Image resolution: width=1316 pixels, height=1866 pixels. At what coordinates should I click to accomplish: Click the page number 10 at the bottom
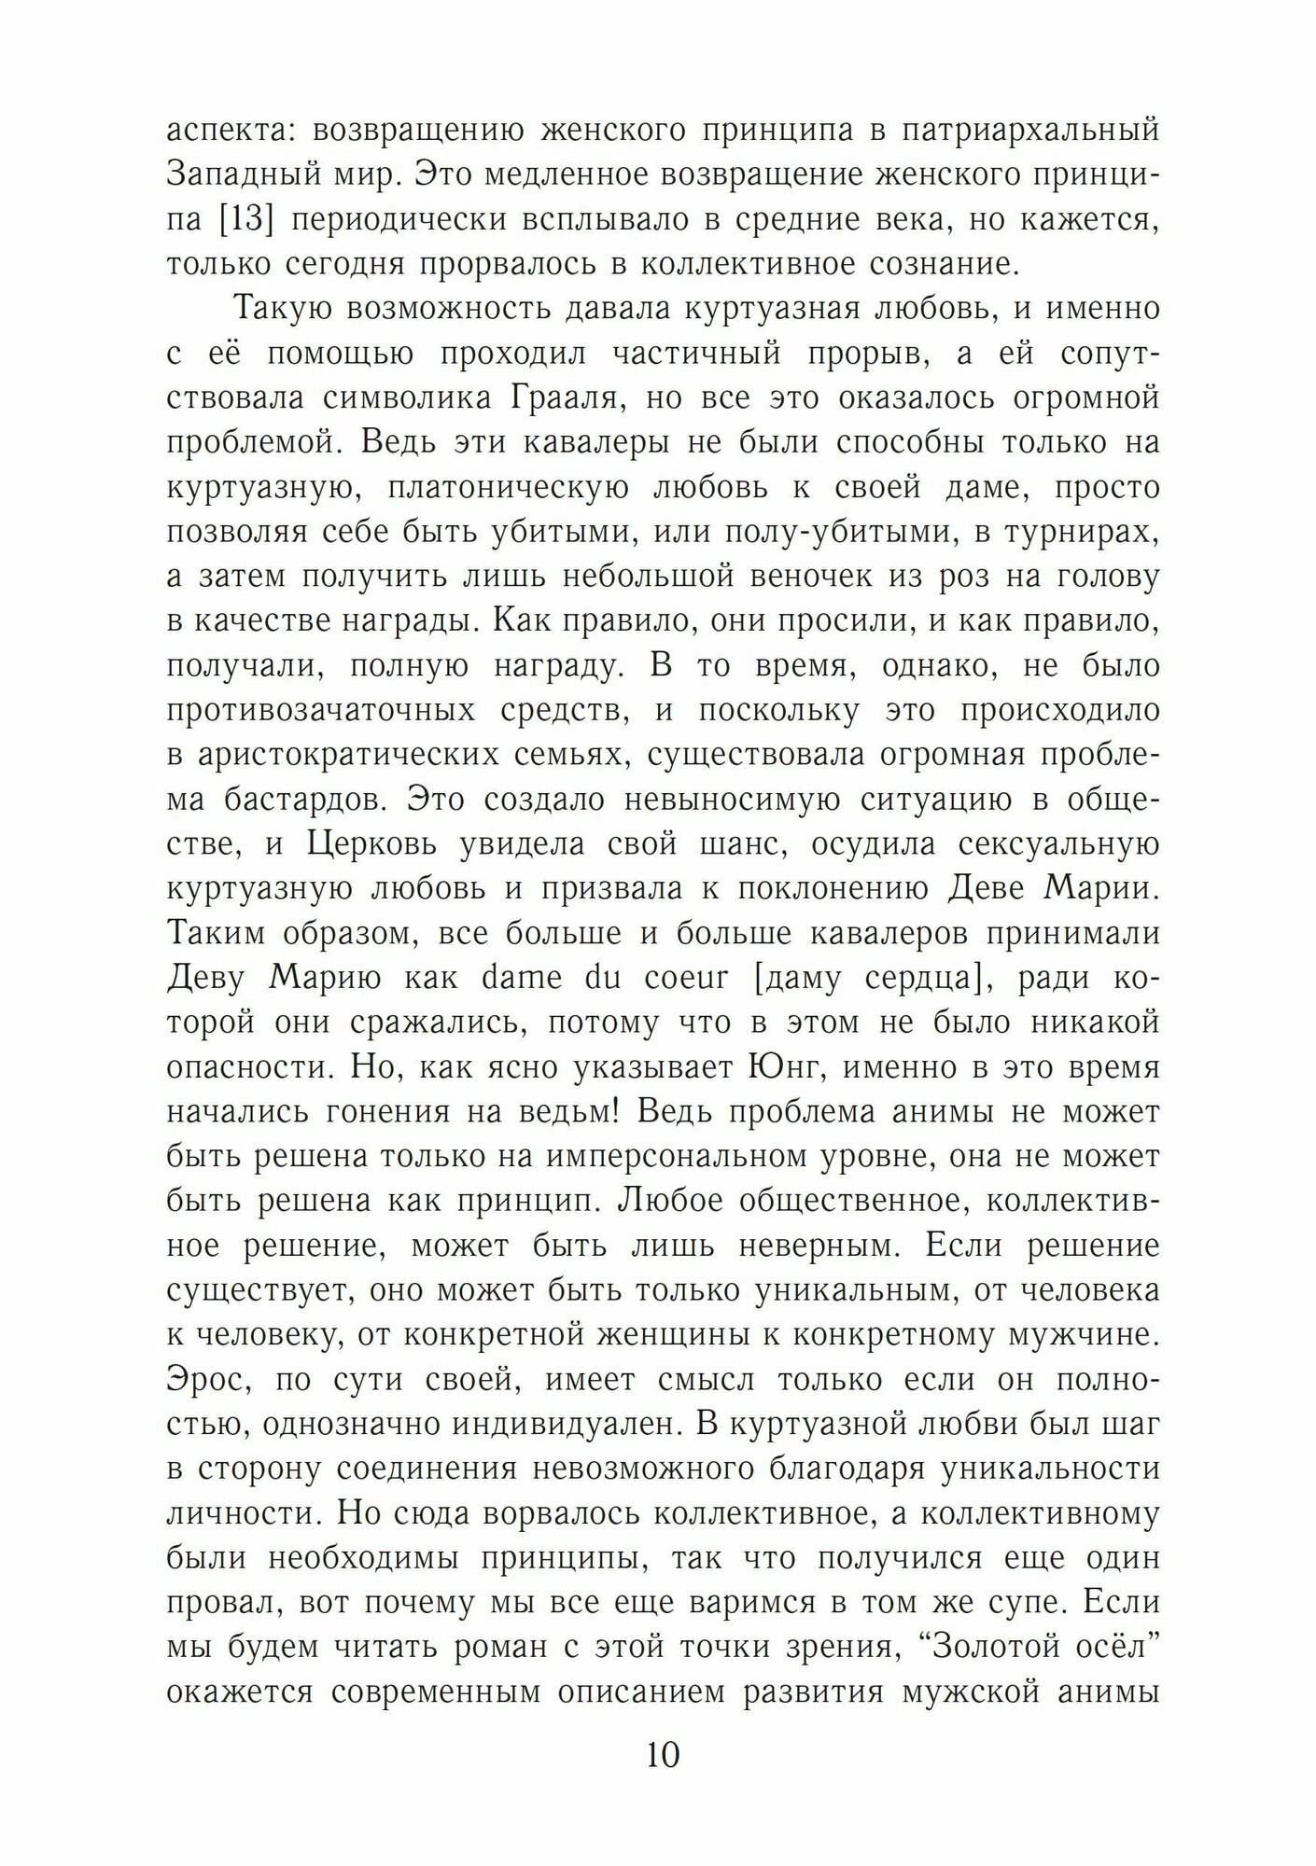click(x=662, y=1756)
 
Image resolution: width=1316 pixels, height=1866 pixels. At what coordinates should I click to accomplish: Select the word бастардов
click(x=303, y=800)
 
